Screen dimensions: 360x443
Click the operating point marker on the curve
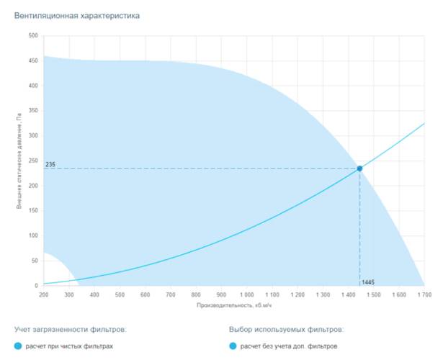coord(359,168)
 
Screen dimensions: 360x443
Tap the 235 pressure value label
coord(50,164)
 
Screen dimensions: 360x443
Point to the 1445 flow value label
coord(368,282)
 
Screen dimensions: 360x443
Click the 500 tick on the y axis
coord(33,36)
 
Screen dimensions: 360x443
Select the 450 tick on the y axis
coord(33,61)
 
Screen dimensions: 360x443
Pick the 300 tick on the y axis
coord(33,136)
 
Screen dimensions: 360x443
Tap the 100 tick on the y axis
coord(33,236)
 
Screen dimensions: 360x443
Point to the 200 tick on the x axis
coord(44,294)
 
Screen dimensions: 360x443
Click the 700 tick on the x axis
coord(170,294)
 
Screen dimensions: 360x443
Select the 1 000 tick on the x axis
coord(246,294)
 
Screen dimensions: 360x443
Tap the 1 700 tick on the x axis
coord(423,294)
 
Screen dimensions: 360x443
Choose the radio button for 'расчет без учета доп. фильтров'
coord(233,346)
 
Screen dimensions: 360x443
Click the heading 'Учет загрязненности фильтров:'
coord(70,329)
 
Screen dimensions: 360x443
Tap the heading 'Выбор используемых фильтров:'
coord(286,329)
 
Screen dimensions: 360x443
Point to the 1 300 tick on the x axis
coord(322,294)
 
